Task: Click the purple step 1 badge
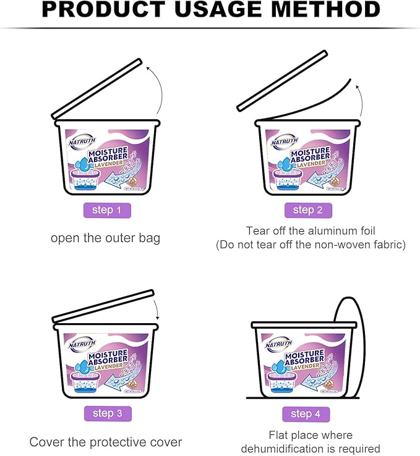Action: tap(107, 210)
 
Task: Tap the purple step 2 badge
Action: tap(308, 210)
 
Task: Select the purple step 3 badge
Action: tap(107, 413)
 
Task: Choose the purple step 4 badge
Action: tap(306, 413)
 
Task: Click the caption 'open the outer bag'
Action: tap(105, 238)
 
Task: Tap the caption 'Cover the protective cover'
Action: tap(106, 442)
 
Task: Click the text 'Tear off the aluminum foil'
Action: tap(310, 230)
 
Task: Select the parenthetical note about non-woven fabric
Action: tap(311, 245)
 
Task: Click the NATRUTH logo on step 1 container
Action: tap(81, 144)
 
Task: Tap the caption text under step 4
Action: tap(311, 442)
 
